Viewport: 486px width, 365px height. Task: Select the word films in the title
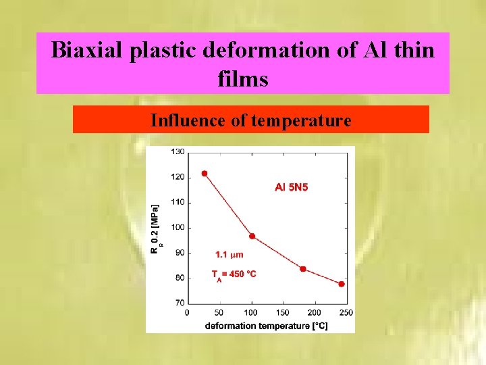coord(243,79)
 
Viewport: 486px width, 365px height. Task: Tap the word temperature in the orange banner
coord(301,120)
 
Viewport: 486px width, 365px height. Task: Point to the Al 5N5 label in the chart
coord(291,187)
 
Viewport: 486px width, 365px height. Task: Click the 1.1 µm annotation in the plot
coord(229,255)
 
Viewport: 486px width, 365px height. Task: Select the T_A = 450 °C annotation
coord(234,274)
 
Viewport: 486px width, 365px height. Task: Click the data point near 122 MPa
coord(205,174)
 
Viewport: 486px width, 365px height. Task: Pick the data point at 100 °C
coord(252,236)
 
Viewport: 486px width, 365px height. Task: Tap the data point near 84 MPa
coord(302,269)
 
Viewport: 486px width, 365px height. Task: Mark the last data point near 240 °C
coord(341,284)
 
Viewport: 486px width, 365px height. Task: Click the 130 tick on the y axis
coord(178,152)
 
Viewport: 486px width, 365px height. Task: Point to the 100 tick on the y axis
coord(178,227)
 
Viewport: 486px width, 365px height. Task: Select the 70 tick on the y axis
coord(179,302)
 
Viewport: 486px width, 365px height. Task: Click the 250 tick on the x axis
coord(346,312)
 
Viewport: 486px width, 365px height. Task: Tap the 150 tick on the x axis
coord(283,312)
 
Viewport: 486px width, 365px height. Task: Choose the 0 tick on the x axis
coord(187,312)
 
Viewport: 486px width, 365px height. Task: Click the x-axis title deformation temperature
coord(266,325)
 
